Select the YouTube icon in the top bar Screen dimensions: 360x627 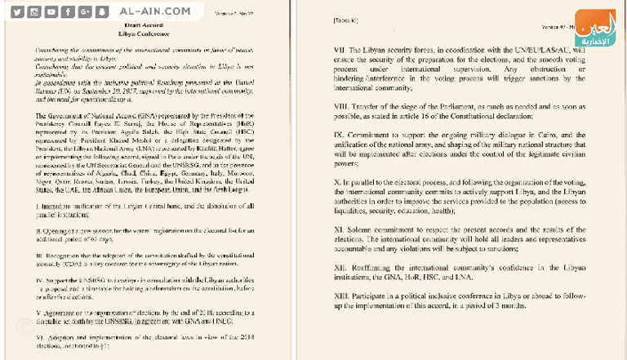[51, 12]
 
